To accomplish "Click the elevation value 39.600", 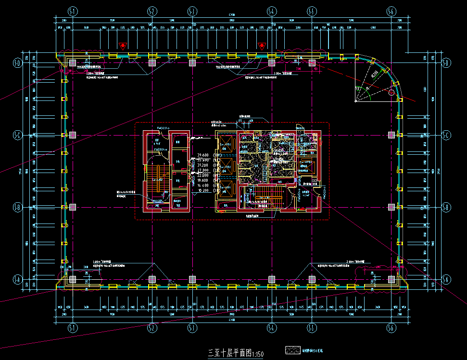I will (203, 155).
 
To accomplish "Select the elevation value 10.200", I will (203, 190).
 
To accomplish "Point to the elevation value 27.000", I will (203, 170).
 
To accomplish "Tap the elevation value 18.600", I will (203, 180).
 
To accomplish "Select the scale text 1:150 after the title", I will (258, 355).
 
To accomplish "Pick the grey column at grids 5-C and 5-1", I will (72, 135).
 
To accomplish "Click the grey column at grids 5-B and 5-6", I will (391, 207).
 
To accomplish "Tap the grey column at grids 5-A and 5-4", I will (271, 279).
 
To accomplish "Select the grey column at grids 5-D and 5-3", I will (192, 62).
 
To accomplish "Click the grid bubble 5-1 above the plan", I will (72, 11).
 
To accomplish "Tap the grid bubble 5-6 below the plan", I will (391, 327).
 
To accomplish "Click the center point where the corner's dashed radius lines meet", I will (355, 101).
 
